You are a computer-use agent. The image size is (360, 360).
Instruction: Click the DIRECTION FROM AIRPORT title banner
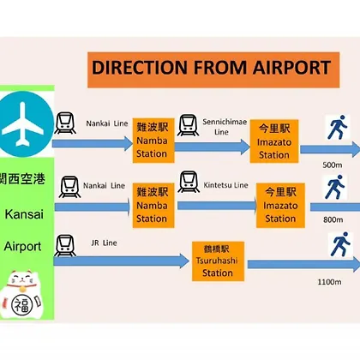213,69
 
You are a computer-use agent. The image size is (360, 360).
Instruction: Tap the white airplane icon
23,124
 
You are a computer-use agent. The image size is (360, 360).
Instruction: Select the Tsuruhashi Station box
218,261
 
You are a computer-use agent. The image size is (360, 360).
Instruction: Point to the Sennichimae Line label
225,127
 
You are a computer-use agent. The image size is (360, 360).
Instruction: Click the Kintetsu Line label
225,185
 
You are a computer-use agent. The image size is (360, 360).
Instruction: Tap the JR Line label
104,243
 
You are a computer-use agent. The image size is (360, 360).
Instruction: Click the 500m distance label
333,165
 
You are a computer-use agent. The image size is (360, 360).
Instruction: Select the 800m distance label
333,219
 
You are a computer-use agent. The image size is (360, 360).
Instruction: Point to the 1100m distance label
329,282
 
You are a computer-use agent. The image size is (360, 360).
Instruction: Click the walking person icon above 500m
338,127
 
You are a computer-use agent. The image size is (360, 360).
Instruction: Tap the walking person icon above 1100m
340,244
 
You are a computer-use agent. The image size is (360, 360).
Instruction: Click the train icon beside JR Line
65,246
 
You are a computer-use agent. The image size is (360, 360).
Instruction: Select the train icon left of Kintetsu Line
189,182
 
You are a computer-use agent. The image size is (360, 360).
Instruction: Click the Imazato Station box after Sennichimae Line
274,141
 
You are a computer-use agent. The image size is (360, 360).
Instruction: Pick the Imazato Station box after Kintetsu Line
280,206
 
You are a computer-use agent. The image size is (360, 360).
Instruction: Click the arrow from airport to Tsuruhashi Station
122,261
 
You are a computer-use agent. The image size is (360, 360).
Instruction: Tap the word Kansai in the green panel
24,214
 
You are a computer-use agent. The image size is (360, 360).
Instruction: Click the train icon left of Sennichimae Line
188,125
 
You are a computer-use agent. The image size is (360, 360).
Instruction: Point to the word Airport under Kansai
22,246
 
